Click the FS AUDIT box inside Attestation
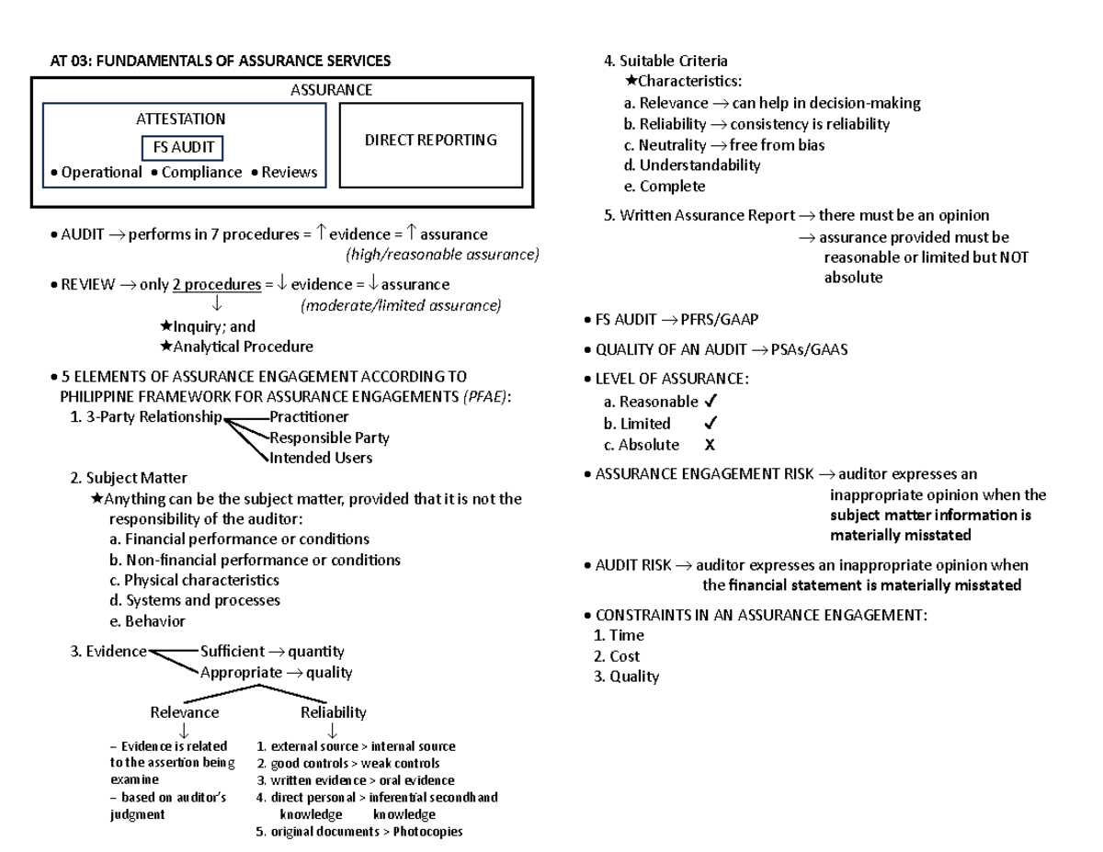(182, 147)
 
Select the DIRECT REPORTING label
(430, 140)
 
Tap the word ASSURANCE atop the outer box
(332, 90)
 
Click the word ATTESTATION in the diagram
(180, 119)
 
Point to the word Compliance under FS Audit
(201, 173)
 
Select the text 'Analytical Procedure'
(243, 346)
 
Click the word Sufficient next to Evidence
(238, 652)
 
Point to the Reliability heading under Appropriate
(333, 712)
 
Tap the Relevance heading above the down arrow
(184, 712)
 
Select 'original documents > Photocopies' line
(359, 832)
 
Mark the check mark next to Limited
(710, 424)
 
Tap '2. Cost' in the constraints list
(617, 656)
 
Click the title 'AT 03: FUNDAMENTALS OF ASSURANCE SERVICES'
(220, 61)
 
